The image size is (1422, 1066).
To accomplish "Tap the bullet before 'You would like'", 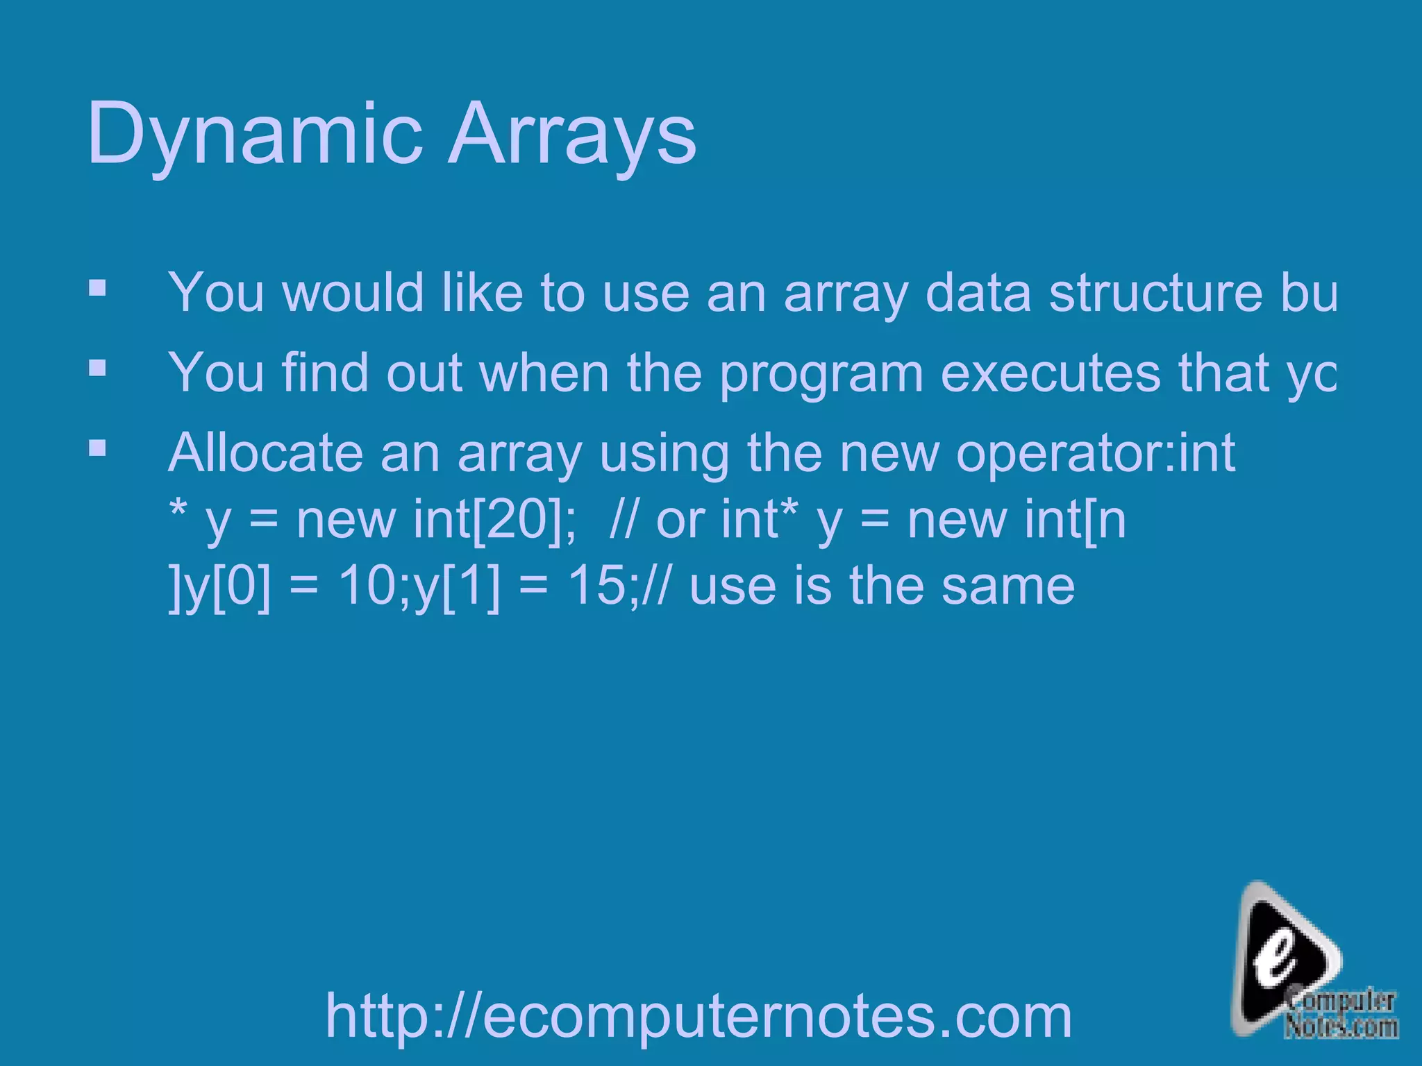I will [x=97, y=287].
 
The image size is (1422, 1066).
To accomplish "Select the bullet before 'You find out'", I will [x=97, y=367].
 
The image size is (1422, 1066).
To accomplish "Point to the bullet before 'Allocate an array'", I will [x=97, y=448].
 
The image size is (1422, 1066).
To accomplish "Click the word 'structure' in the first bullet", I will [x=1155, y=293].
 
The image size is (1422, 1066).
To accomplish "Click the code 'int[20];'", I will [x=494, y=519].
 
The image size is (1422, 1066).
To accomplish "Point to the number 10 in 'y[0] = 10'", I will [x=368, y=586].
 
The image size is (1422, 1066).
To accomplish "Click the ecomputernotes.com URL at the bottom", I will [x=699, y=1016].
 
